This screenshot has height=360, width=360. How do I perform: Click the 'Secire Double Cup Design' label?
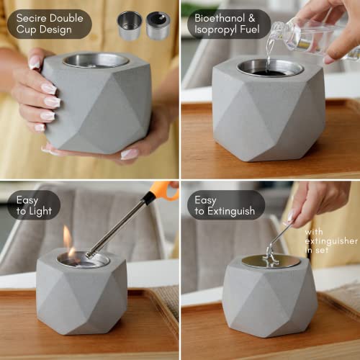click(49, 23)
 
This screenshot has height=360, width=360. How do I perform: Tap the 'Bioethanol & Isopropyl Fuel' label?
click(228, 23)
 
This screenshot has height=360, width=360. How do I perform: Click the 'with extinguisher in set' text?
click(332, 241)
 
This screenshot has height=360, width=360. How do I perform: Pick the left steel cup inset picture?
click(130, 24)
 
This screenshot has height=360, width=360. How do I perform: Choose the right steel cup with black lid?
click(158, 25)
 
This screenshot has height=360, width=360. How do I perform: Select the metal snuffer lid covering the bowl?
click(270, 260)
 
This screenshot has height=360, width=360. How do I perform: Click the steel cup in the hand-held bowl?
click(96, 60)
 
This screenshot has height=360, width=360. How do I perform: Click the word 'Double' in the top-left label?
click(64, 17)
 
